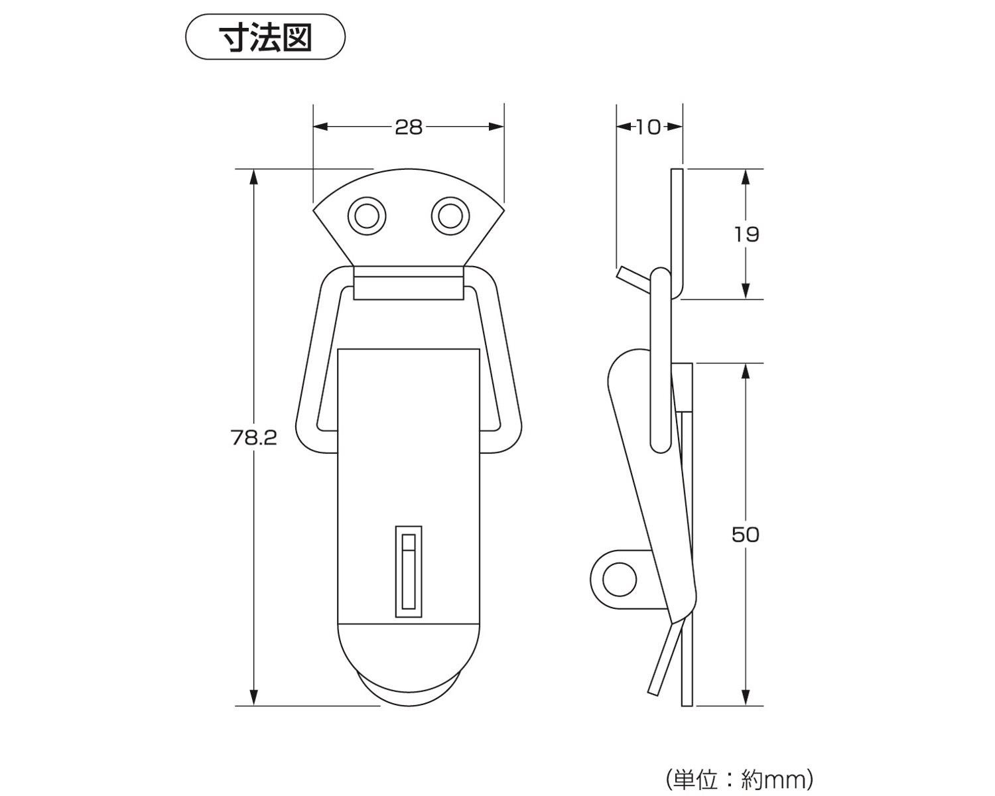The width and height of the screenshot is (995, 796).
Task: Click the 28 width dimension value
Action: coord(409,127)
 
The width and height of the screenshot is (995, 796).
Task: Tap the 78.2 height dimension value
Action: coord(254,438)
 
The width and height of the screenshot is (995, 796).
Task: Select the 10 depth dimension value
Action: coord(648,127)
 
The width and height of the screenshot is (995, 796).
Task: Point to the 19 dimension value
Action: coord(746,234)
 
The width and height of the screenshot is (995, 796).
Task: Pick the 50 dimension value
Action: coord(746,535)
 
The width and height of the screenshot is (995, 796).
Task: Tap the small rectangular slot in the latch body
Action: coord(409,572)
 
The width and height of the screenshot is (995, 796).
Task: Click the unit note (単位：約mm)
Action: coord(738,779)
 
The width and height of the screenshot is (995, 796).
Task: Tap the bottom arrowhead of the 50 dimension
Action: coord(746,698)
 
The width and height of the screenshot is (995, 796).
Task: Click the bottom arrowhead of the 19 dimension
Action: coord(746,291)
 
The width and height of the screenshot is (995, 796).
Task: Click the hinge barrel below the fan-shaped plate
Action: coord(409,283)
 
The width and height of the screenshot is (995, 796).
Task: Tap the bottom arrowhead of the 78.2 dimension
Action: coord(254,698)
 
